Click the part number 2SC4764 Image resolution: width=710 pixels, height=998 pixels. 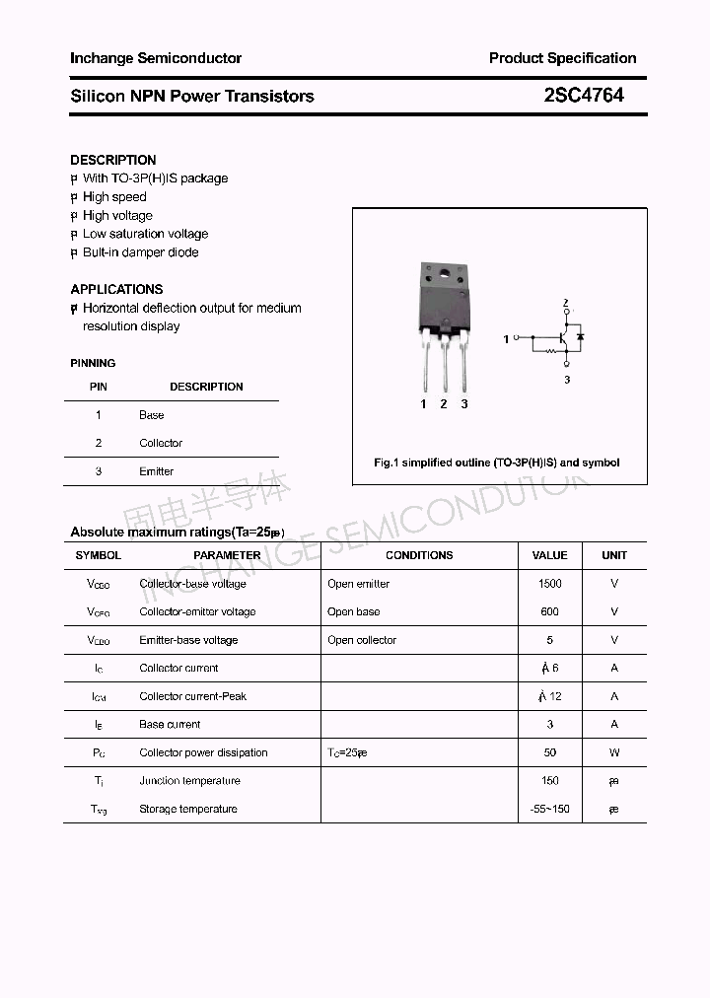[584, 96]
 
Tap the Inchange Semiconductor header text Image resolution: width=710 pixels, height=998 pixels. [156, 58]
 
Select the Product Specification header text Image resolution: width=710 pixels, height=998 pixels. [562, 58]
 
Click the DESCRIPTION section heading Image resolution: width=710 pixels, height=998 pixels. [113, 160]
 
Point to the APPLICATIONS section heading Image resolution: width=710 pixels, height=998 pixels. [116, 289]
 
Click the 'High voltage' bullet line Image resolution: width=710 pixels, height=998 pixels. [117, 215]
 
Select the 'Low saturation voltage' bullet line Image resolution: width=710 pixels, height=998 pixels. [145, 234]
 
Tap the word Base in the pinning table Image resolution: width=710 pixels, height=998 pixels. [151, 415]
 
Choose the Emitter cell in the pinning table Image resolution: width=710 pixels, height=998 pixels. [156, 471]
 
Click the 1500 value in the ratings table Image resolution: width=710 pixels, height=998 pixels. [549, 584]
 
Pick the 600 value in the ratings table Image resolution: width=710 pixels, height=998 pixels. [549, 611]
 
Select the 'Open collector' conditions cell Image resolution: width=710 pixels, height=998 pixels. [362, 640]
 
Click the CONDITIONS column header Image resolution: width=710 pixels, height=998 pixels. [419, 555]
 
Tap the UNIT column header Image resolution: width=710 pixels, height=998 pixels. [614, 555]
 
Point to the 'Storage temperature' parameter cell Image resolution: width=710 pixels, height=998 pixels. [188, 809]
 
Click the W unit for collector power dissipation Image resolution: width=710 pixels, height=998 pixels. [614, 752]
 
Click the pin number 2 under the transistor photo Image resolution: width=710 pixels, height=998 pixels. [444, 404]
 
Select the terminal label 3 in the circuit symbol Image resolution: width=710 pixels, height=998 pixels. [567, 380]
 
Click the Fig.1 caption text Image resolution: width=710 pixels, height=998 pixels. [497, 463]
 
